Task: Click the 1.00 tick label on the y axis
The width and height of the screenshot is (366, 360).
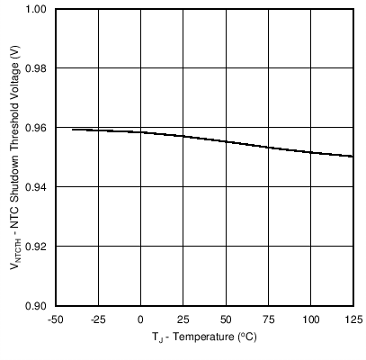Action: (36, 9)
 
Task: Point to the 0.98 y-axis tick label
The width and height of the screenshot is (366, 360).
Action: (36, 68)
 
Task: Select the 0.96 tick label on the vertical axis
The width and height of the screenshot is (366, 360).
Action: (36, 128)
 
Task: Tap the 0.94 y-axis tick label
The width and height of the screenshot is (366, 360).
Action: (36, 187)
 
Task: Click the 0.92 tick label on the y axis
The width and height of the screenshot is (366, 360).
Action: (36, 246)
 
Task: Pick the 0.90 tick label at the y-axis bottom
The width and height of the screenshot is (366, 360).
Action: (36, 305)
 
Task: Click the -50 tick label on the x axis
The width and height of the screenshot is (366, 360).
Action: (55, 319)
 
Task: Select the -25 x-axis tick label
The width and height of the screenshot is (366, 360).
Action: (97, 319)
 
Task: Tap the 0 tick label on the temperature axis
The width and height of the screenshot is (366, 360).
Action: (140, 319)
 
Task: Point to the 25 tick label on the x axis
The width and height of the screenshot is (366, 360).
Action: (183, 319)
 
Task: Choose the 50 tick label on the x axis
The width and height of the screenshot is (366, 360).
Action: (226, 319)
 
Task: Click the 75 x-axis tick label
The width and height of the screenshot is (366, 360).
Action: (268, 319)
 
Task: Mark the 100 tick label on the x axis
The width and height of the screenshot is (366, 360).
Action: (311, 319)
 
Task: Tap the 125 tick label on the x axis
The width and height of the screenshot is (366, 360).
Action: (353, 319)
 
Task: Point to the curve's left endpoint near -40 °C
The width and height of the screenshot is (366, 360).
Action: (72, 130)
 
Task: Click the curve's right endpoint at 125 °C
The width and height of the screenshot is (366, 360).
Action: (353, 157)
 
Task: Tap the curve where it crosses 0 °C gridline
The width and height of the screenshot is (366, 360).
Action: (140, 132)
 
